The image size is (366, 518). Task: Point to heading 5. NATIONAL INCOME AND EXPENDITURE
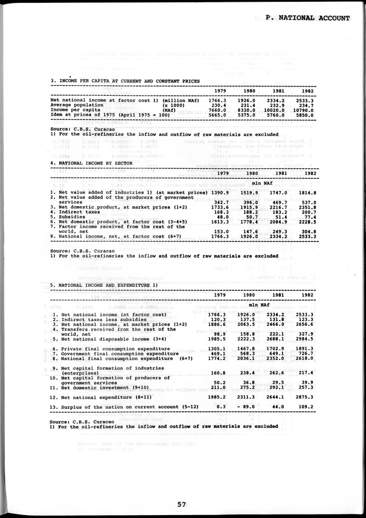coord(104,285)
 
